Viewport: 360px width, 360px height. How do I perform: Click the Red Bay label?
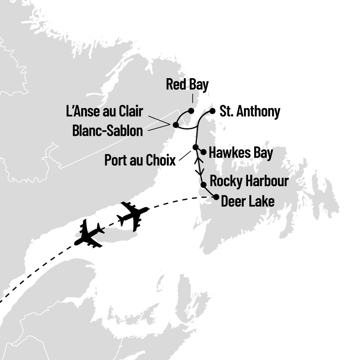coord(187,85)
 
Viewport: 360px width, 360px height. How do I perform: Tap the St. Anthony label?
coord(249,112)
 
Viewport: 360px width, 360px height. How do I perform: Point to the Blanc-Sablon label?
coord(108,130)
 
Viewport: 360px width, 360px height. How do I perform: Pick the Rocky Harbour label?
coord(249,181)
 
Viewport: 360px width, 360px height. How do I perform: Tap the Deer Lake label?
coord(248,202)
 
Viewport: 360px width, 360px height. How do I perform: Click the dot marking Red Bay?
coord(191,111)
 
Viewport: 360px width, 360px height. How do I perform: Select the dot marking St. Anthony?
coord(212,111)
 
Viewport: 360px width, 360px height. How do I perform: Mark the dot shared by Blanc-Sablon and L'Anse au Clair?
coord(176,125)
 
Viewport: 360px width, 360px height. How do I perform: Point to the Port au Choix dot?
coord(195,147)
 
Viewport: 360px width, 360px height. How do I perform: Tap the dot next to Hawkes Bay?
coord(203,152)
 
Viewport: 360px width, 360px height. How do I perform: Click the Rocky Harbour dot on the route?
coord(203,185)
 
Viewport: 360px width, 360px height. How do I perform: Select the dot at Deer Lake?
coord(216,198)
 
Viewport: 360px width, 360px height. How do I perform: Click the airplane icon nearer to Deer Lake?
coord(133,215)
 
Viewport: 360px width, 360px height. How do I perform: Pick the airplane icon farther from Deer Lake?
coord(90,234)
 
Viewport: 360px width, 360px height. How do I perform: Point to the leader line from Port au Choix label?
coord(186,155)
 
